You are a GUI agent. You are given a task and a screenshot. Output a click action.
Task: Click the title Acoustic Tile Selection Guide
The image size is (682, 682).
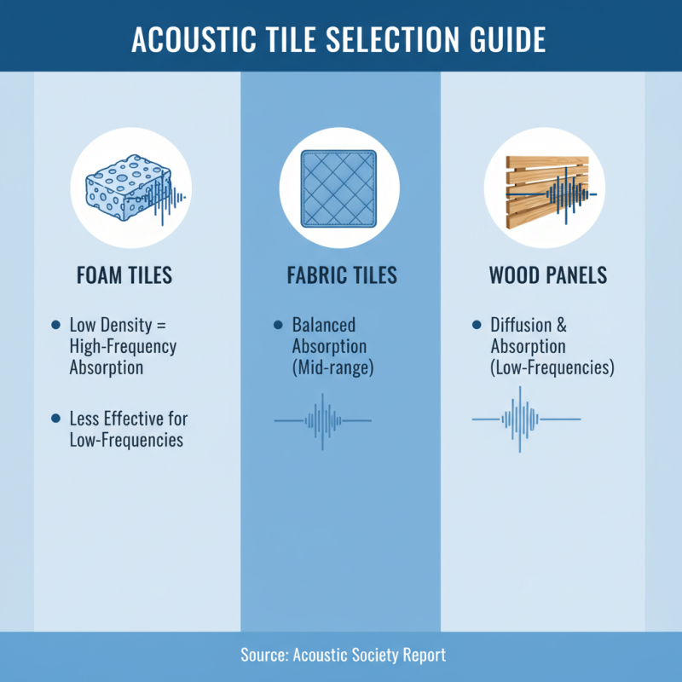pyautogui.click(x=341, y=39)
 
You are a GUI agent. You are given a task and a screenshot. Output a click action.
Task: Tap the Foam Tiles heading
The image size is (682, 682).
pyautogui.click(x=125, y=276)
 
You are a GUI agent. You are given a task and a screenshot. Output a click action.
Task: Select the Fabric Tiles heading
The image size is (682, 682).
pyautogui.click(x=341, y=276)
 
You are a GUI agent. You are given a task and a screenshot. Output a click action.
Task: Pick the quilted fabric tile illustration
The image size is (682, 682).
pyautogui.click(x=340, y=189)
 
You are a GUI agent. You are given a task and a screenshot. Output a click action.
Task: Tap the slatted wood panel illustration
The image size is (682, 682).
pyautogui.click(x=544, y=189)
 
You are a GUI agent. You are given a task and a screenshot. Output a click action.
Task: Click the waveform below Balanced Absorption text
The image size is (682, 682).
pyautogui.click(x=322, y=421)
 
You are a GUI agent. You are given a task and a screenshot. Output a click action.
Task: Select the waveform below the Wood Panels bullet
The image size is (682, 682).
pyautogui.click(x=526, y=419)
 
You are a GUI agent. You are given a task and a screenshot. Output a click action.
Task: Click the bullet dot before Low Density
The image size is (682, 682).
pyautogui.click(x=56, y=326)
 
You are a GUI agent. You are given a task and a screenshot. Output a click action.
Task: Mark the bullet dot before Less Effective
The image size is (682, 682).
pyautogui.click(x=56, y=419)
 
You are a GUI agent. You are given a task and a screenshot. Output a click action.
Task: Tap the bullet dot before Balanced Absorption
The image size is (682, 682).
pyautogui.click(x=277, y=326)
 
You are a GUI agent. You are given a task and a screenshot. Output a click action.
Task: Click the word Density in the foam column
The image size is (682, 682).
pyautogui.click(x=130, y=326)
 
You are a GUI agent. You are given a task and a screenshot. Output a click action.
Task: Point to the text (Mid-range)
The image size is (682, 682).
pyautogui.click(x=332, y=367)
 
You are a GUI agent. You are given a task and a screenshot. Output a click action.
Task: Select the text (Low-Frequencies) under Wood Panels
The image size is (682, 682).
pyautogui.click(x=552, y=367)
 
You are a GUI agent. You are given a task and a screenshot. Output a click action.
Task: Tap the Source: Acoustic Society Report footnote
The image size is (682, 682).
pyautogui.click(x=341, y=656)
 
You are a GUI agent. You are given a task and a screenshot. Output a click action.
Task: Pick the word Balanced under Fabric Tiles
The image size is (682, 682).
pyautogui.click(x=324, y=326)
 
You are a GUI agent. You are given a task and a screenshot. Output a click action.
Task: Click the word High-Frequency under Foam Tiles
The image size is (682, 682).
pyautogui.click(x=123, y=347)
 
